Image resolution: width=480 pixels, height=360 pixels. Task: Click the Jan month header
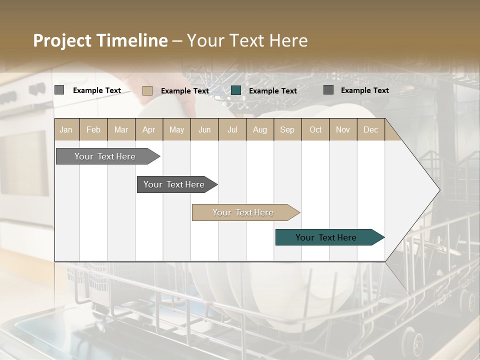pyautogui.click(x=66, y=129)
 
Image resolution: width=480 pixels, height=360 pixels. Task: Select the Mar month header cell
pyautogui.click(x=121, y=129)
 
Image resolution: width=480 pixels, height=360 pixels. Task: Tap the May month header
pyautogui.click(x=176, y=129)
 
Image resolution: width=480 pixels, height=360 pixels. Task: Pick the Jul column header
pyautogui.click(x=232, y=129)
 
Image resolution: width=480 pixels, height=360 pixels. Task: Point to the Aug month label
pyautogui.click(x=259, y=129)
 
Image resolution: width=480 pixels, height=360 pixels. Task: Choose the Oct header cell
pyautogui.click(x=315, y=129)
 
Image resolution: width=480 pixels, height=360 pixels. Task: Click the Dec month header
pyautogui.click(x=370, y=129)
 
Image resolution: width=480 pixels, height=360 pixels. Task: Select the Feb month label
pyautogui.click(x=93, y=129)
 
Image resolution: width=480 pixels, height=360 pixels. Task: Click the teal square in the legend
pyautogui.click(x=236, y=90)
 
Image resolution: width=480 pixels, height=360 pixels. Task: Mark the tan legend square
pyautogui.click(x=147, y=90)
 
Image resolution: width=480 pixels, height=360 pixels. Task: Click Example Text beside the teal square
pyautogui.click(x=272, y=90)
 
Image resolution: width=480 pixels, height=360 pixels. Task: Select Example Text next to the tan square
pyautogui.click(x=184, y=90)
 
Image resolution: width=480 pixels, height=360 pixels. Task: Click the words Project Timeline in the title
pyautogui.click(x=100, y=40)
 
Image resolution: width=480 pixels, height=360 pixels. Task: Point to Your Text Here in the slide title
pyautogui.click(x=247, y=40)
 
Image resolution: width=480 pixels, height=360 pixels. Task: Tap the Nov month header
pyautogui.click(x=342, y=129)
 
